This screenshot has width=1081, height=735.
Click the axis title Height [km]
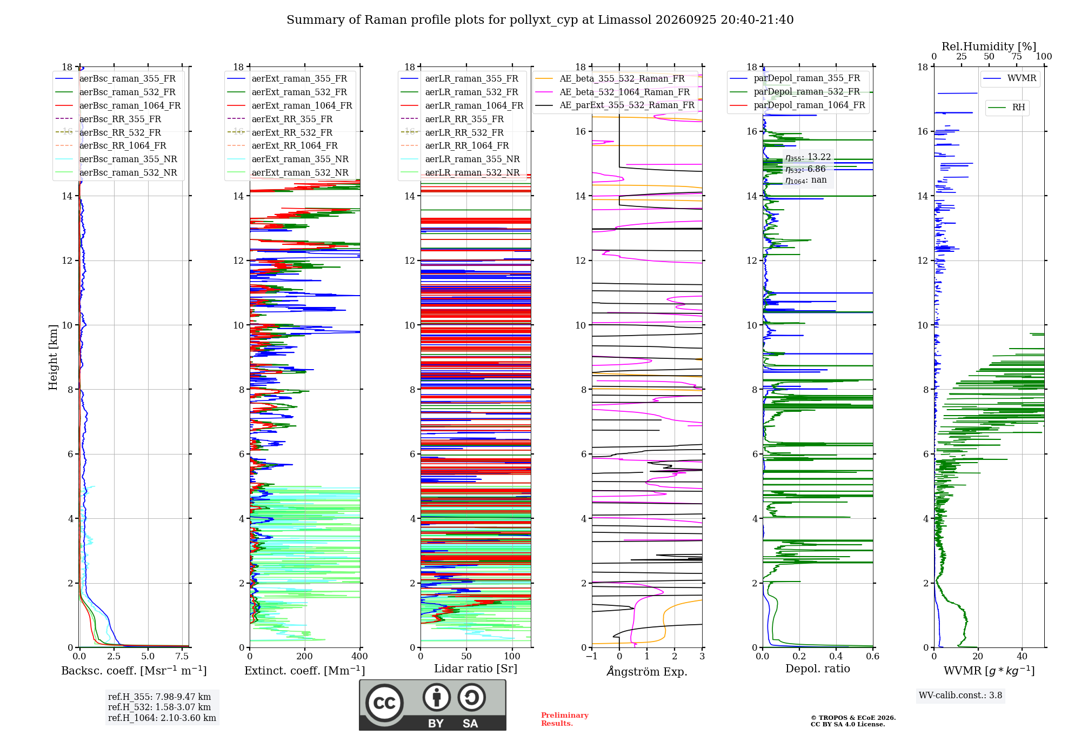pyautogui.click(x=53, y=357)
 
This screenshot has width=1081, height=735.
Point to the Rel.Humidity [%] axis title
pyautogui.click(x=989, y=46)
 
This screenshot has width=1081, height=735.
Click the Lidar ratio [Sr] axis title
pyautogui.click(x=476, y=669)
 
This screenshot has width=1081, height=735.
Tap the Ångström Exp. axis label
pyautogui.click(x=647, y=671)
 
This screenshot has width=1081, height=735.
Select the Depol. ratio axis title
pyautogui.click(x=818, y=669)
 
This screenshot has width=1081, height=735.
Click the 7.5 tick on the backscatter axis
pyautogui.click(x=182, y=657)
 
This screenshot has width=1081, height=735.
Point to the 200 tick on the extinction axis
pyautogui.click(x=305, y=657)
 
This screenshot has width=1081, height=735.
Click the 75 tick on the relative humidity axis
pyautogui.click(x=1017, y=56)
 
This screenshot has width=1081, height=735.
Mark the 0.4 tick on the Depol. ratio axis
pyautogui.click(x=836, y=657)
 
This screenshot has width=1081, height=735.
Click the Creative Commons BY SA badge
pyautogui.click(x=432, y=705)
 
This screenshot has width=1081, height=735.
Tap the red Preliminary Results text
pyautogui.click(x=565, y=719)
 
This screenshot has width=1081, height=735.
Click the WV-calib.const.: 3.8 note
pyautogui.click(x=960, y=696)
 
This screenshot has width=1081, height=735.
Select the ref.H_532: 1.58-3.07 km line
pyautogui.click(x=159, y=707)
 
